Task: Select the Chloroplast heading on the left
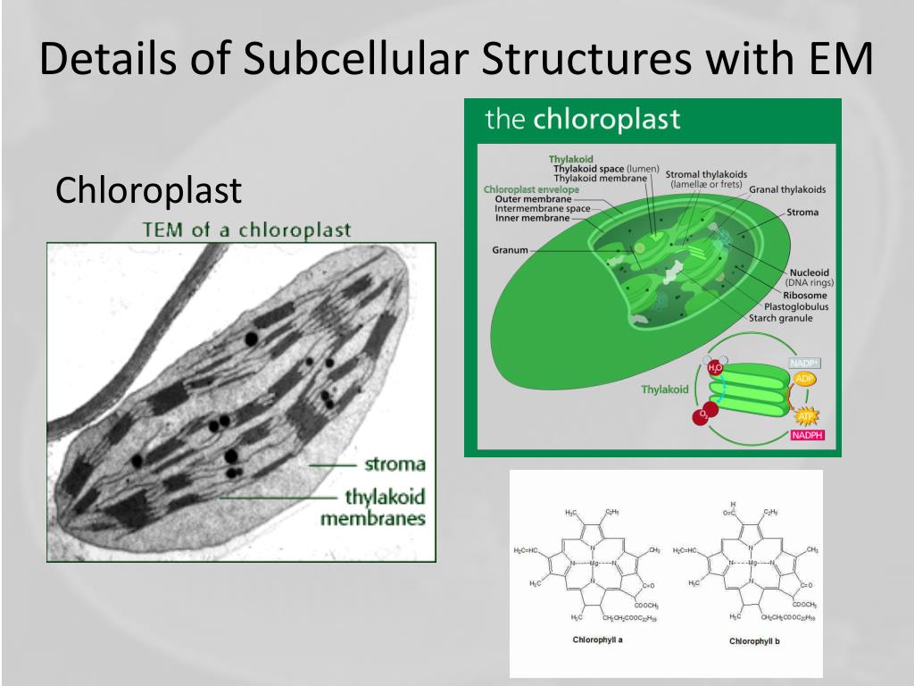[148, 190]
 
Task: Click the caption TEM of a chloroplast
[246, 230]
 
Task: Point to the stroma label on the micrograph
[395, 464]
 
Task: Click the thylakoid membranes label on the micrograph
[385, 507]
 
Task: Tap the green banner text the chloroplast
[582, 120]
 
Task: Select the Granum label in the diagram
[510, 250]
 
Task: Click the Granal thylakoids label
[787, 189]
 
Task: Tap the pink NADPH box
[806, 436]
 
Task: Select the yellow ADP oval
[804, 380]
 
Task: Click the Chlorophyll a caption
[597, 640]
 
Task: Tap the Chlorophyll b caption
[754, 640]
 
